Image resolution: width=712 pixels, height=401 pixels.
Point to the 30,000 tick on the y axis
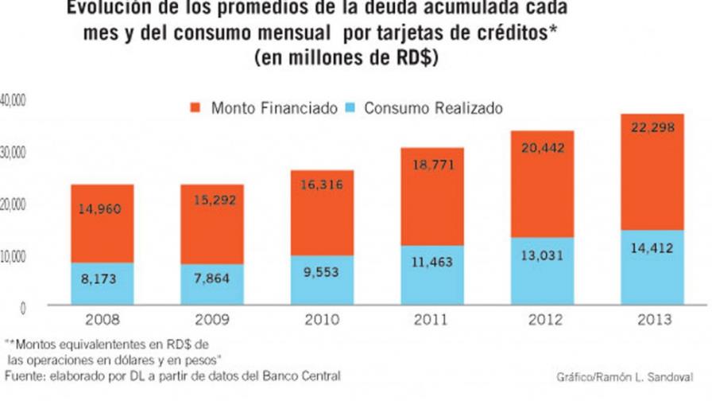[x=14, y=151]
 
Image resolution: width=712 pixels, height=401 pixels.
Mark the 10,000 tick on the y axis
[x=14, y=255]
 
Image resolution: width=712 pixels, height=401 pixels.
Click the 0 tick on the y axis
[x=23, y=306]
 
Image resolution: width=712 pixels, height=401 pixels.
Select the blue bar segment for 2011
[x=432, y=274]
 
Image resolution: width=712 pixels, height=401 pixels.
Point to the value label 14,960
[x=102, y=210]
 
